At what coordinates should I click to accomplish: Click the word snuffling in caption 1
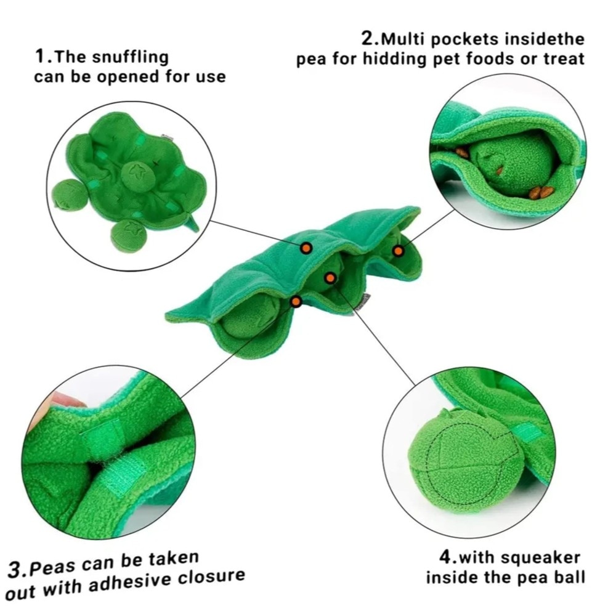(131, 57)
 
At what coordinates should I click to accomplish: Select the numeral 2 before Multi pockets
(368, 39)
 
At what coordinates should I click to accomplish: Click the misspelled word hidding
(394, 59)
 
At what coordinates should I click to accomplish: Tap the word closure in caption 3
(212, 577)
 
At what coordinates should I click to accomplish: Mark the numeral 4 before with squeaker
(446, 557)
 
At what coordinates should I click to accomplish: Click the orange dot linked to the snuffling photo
(306, 248)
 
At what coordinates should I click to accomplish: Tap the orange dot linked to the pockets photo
(398, 251)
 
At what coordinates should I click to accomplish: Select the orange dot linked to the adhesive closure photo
(296, 302)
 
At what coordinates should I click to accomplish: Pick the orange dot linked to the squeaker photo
(330, 278)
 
